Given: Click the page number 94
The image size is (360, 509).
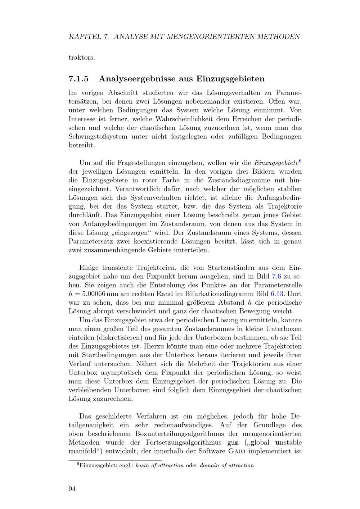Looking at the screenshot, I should [x=72, y=488].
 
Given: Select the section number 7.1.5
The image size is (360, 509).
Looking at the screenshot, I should [x=79, y=78].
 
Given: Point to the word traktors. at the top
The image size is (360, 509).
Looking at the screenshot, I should [x=82, y=58].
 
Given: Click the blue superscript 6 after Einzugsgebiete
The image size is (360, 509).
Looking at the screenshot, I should [x=300, y=160].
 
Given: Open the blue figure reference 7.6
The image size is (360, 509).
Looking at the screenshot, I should [x=276, y=276].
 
